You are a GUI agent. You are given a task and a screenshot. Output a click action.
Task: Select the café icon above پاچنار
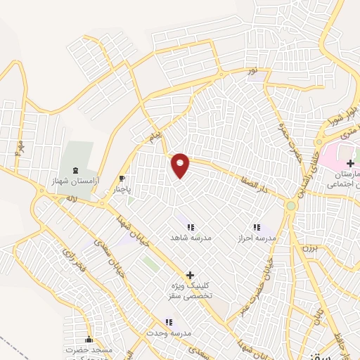(x=122, y=179)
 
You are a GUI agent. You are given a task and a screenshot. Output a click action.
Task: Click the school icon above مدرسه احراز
(x=256, y=226)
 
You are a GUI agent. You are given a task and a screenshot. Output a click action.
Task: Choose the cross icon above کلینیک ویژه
(x=190, y=275)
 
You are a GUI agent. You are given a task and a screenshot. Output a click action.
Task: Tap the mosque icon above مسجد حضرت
(x=89, y=338)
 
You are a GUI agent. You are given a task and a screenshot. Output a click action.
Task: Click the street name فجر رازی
(x=72, y=258)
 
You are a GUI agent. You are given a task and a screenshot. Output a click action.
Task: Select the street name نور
(x=253, y=72)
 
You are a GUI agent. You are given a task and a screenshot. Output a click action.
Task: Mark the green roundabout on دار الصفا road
(x=290, y=206)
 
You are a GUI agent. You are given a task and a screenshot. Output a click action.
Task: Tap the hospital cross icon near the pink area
(x=350, y=163)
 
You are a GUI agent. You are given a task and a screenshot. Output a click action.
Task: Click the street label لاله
(x=72, y=200)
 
